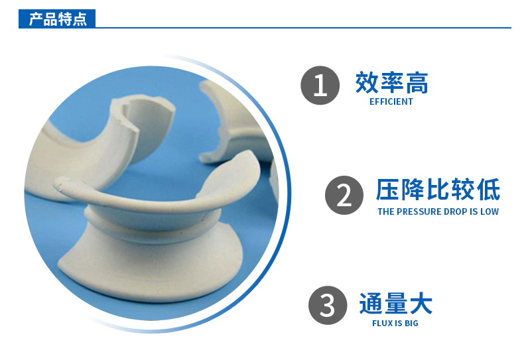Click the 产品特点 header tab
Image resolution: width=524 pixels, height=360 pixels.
[x=58, y=19]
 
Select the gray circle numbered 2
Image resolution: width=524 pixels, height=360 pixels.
[x=344, y=195]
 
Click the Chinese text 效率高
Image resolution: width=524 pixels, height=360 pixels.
[x=391, y=83]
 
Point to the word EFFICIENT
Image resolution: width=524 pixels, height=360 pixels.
[x=391, y=102]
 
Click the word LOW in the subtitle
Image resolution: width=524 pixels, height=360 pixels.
[x=490, y=211]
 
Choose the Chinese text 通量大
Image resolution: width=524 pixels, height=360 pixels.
[x=395, y=304]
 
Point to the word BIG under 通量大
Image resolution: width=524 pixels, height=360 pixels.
[x=411, y=323]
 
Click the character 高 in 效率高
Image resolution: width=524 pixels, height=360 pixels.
[x=417, y=83]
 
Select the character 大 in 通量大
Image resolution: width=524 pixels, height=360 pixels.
[x=421, y=304]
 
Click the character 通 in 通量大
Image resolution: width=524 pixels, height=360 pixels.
[x=371, y=304]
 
